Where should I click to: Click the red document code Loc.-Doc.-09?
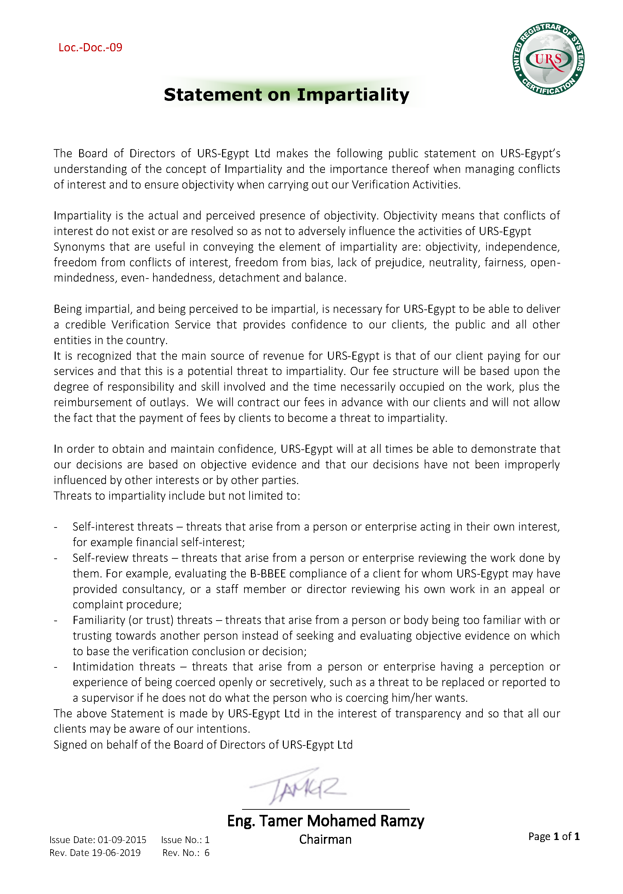coord(90,48)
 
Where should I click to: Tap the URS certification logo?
coord(548,59)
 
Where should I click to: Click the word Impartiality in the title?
coord(353,95)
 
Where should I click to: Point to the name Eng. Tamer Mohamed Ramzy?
coord(325,821)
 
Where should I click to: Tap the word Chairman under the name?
coord(325,840)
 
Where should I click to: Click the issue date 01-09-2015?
coord(122,840)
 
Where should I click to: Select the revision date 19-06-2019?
coord(116,853)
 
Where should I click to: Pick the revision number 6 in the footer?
coord(207,853)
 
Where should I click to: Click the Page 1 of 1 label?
coord(554,836)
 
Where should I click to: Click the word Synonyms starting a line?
coord(79,247)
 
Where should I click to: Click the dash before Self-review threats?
coord(56,558)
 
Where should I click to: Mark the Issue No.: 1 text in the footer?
coord(185,840)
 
